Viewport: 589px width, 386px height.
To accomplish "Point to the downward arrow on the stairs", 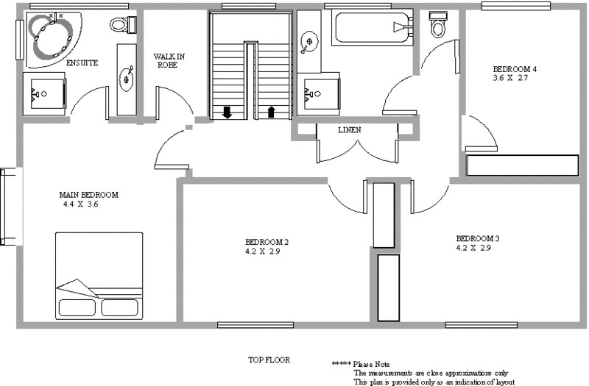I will point(227,112).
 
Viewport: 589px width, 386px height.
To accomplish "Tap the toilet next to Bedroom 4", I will point(440,26).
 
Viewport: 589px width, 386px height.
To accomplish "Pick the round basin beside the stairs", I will point(310,40).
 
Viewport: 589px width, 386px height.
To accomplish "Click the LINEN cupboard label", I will point(349,130).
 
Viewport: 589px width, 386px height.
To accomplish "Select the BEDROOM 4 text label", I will point(514,69).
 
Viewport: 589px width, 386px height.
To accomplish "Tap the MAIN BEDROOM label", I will point(88,195).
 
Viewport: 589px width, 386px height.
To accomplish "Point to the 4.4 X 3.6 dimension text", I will point(81,204).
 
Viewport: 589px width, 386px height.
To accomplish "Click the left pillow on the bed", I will point(77,307).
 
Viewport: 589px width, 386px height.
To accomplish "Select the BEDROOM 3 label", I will point(478,238).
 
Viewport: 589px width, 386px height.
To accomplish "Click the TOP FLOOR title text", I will point(269,360).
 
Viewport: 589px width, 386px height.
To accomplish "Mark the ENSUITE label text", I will point(82,63).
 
